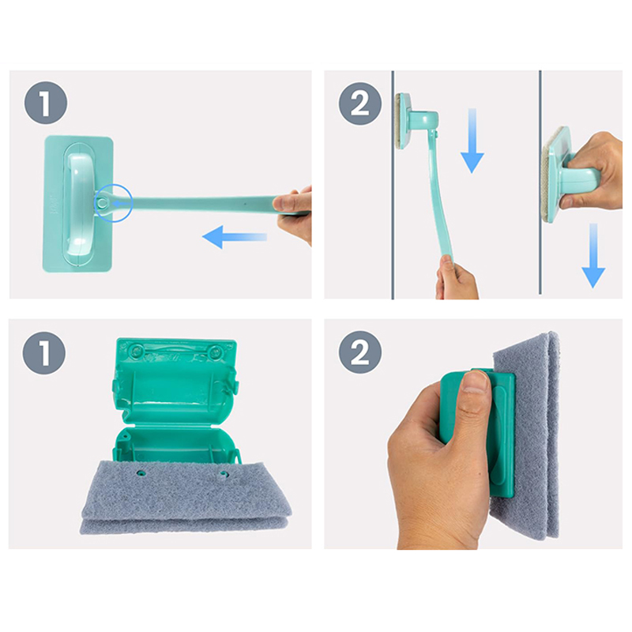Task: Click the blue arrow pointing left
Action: tap(234, 237)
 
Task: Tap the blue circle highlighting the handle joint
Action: tap(114, 203)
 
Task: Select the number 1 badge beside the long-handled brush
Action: tap(46, 103)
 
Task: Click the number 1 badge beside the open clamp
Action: tap(44, 353)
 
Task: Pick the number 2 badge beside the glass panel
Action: tap(360, 103)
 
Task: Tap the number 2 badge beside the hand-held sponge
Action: tap(360, 352)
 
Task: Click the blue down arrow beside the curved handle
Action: tap(472, 141)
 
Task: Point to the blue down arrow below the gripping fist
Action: tap(593, 255)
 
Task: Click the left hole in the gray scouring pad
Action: tap(141, 472)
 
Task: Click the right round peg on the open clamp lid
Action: tap(217, 352)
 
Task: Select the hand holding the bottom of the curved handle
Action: tap(457, 279)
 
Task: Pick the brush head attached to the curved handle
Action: tap(416, 121)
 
